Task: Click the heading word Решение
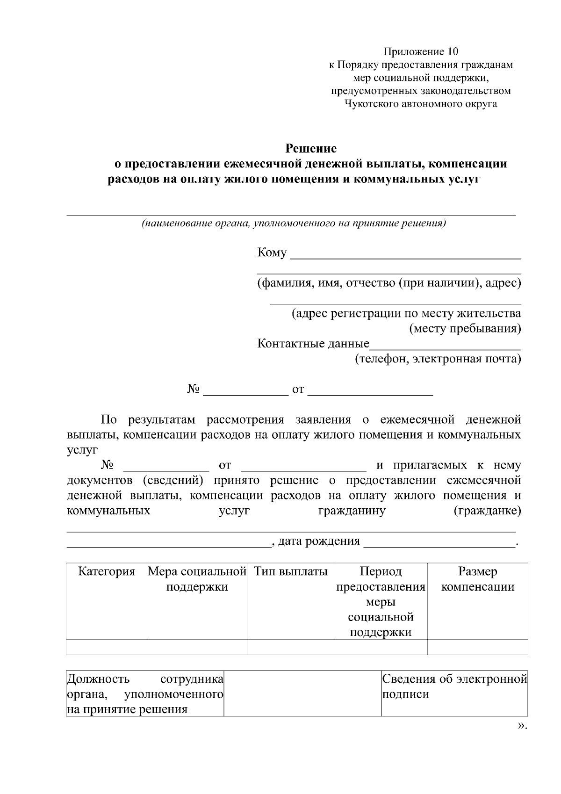coord(311,149)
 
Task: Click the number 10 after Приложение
coord(453,51)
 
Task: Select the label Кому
coord(272,253)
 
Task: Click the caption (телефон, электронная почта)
coord(438,359)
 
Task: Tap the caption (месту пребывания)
coord(465,329)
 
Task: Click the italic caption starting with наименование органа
coord(294,223)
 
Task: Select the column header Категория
coord(107,571)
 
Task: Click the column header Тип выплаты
coord(290,571)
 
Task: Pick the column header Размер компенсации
coord(477,579)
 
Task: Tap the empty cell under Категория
coord(107,647)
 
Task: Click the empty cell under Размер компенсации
coord(477,647)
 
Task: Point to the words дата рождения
coord(319,541)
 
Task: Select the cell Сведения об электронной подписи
coord(454,686)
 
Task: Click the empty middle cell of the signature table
coord(302,693)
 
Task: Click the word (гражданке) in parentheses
coord(487,511)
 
